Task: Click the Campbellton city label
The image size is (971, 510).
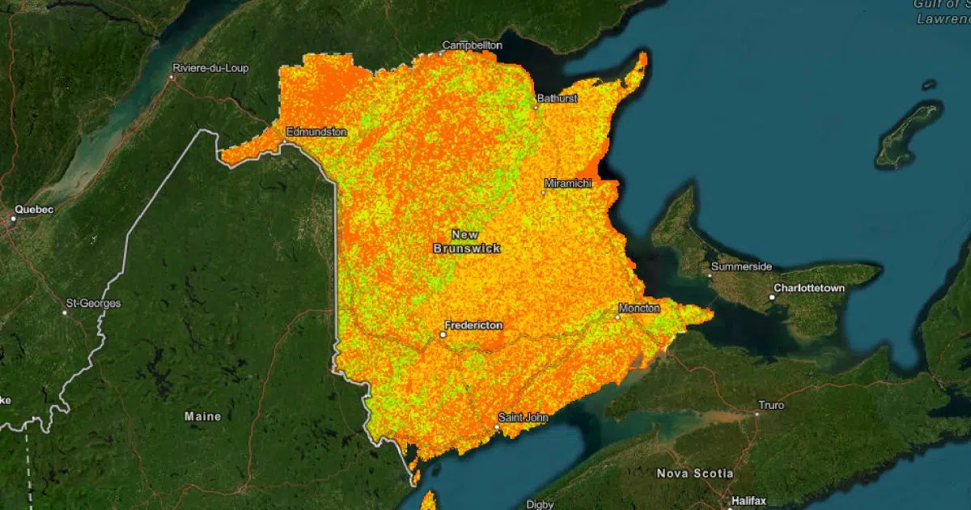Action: [472, 45]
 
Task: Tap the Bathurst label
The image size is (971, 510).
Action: [558, 98]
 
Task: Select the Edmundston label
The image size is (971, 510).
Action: [316, 131]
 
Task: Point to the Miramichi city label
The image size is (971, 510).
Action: [569, 184]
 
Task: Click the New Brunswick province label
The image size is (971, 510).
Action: [467, 241]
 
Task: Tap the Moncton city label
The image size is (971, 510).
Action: [639, 308]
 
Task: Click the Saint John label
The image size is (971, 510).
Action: [523, 418]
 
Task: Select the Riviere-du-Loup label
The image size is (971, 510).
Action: [210, 68]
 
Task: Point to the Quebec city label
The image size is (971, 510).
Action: [34, 210]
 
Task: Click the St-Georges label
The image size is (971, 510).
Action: [94, 304]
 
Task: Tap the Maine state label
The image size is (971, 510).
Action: [202, 416]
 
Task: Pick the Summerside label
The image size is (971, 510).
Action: [741, 266]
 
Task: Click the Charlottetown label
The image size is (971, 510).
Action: [809, 288]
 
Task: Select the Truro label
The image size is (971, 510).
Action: [771, 405]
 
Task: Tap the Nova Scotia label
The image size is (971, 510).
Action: [695, 473]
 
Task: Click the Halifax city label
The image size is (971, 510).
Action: [748, 501]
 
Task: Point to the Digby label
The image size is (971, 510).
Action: [540, 504]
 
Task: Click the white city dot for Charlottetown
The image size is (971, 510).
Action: [772, 297]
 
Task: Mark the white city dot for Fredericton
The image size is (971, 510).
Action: [443, 334]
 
